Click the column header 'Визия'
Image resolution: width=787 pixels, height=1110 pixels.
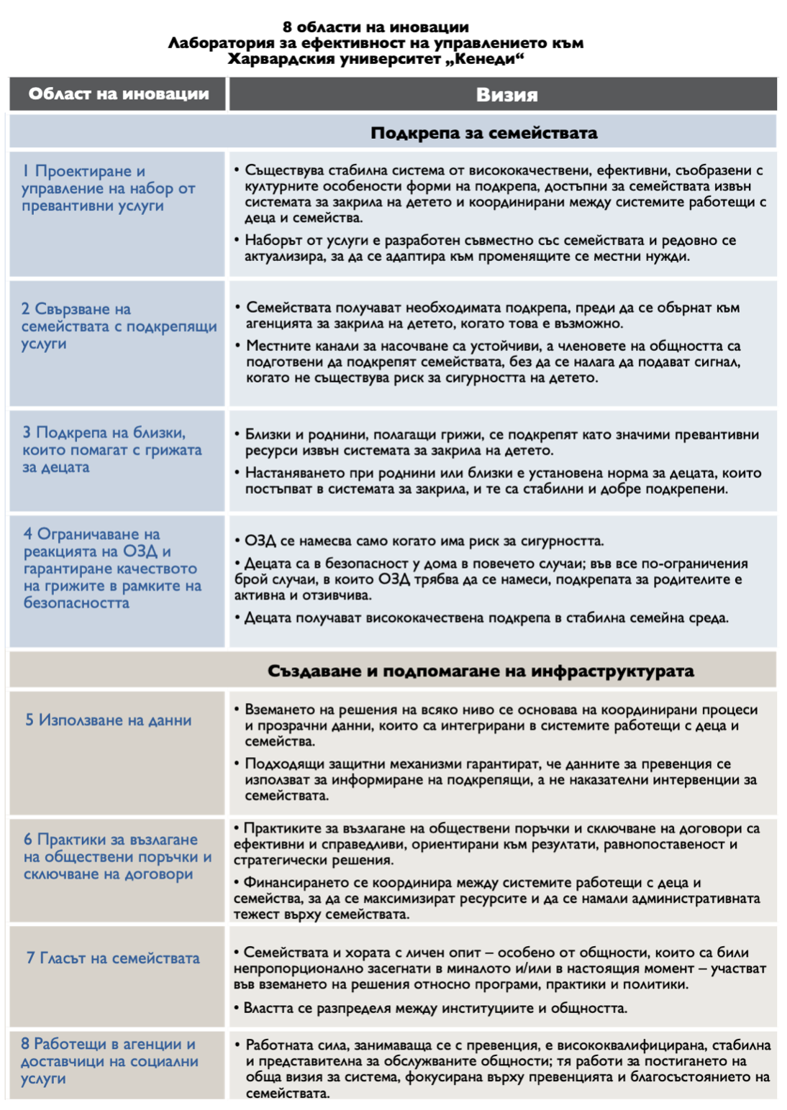coord(506,95)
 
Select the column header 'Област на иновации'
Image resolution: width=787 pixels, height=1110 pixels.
coord(119,94)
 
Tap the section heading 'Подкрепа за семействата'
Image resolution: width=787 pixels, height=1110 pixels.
coord(483,133)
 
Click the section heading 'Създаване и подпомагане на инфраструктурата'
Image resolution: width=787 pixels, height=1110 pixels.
coord(481,671)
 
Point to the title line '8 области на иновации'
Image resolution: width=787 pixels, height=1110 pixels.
coord(376,27)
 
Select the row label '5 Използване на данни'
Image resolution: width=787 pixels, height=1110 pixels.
coord(109,720)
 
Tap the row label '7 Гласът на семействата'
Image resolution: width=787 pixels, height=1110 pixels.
coord(113,958)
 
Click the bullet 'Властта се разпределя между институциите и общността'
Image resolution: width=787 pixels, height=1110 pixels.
coord(435,1008)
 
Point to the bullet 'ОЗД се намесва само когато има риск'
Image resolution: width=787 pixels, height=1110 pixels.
coord(424,541)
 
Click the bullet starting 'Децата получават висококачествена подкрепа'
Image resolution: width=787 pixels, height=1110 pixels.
coord(486,618)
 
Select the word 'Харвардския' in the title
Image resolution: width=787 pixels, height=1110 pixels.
coord(281,59)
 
